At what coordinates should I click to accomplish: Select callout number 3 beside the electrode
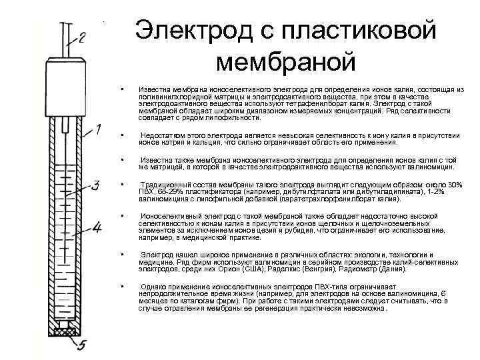[95, 184]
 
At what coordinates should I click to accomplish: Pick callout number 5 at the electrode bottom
[83, 344]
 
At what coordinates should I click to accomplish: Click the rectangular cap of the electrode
[65, 83]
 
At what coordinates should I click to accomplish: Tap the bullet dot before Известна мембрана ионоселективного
[123, 89]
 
